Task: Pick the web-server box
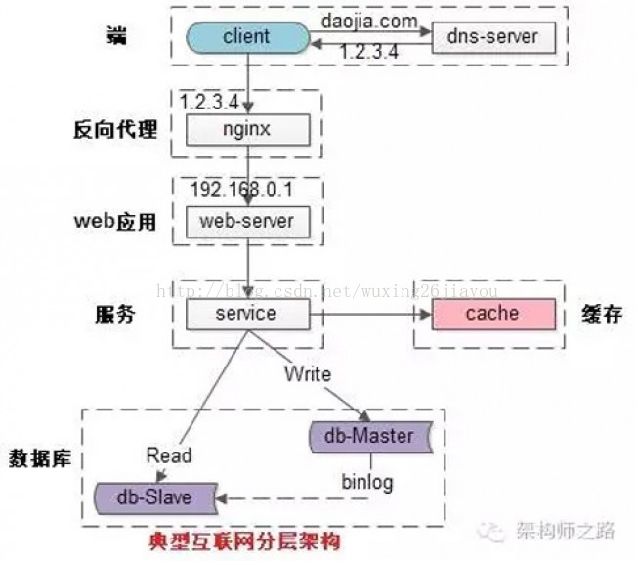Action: point(247,221)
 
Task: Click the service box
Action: point(247,315)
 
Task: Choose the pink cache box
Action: point(491,315)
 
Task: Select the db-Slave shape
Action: point(155,496)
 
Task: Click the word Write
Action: point(308,374)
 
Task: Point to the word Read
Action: point(169,455)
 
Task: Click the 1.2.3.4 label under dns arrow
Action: point(369,53)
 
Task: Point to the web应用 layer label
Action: point(114,222)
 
